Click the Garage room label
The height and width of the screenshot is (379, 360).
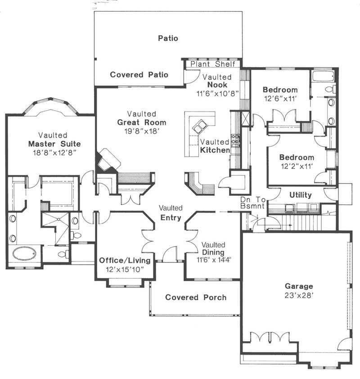tap(299, 286)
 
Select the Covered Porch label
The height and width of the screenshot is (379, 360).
tap(196, 297)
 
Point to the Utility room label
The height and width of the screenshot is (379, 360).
tap(301, 195)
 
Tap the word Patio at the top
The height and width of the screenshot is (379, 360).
tap(168, 38)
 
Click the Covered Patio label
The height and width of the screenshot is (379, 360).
tap(139, 75)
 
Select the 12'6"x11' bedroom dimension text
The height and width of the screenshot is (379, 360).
tap(280, 98)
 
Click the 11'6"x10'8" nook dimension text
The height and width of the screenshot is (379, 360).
tap(217, 94)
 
